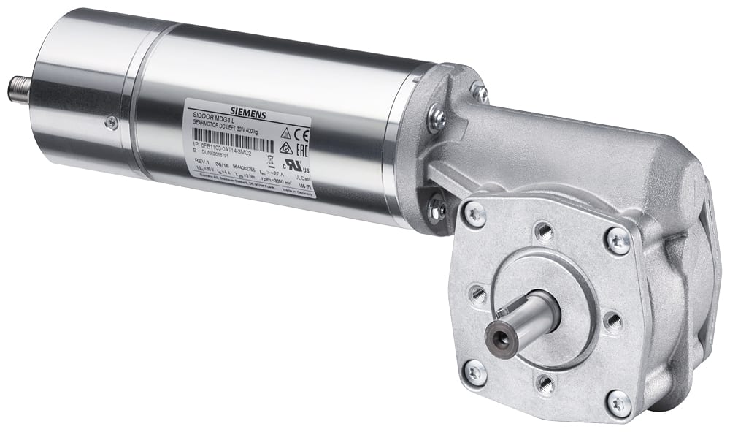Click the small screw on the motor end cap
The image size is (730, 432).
[x=111, y=122]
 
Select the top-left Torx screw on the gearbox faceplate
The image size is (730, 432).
[x=473, y=213]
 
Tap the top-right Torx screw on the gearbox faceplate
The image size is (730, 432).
[x=618, y=240]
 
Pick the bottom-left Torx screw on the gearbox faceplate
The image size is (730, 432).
[x=474, y=372]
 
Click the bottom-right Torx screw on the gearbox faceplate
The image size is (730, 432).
[x=618, y=401]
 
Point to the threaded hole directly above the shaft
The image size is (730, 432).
[x=543, y=232]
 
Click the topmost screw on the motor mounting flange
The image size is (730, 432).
[x=479, y=91]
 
